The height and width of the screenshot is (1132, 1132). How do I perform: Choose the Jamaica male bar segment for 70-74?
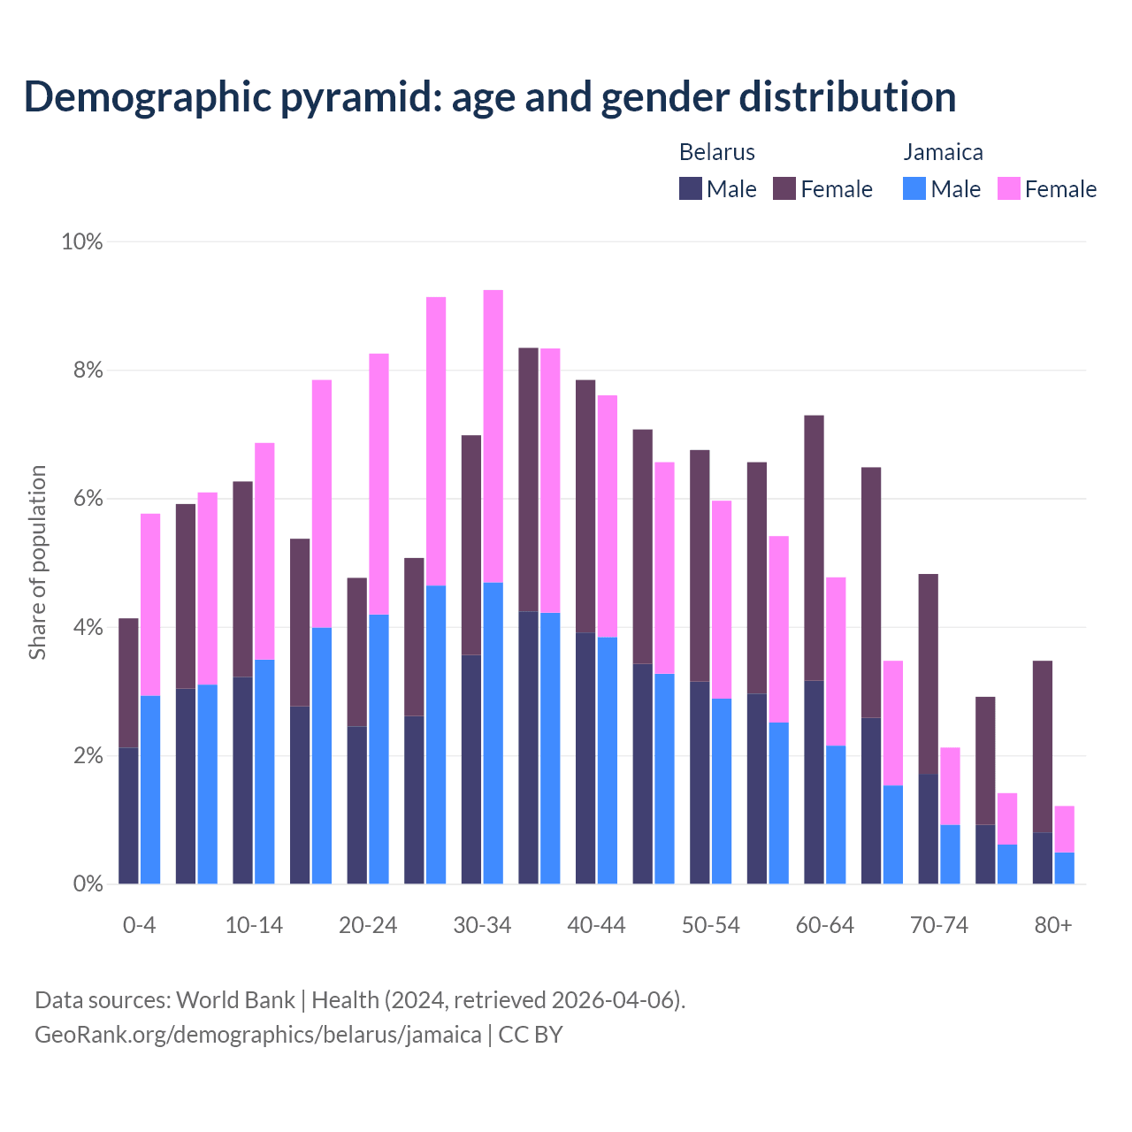tap(950, 854)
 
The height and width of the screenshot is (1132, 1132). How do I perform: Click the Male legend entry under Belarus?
tap(718, 189)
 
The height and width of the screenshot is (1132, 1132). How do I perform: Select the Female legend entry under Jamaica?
tap(1047, 189)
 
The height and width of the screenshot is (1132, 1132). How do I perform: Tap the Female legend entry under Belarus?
tap(822, 189)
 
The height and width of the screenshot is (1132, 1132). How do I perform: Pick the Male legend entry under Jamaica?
tap(942, 189)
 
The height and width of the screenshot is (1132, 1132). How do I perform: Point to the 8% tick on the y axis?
tap(82, 371)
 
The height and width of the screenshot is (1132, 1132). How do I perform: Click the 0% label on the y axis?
tap(82, 884)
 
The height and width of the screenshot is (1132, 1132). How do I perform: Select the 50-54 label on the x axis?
tap(711, 926)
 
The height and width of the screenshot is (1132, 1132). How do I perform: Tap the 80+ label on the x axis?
tap(1053, 926)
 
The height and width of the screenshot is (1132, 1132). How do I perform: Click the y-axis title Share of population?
tap(37, 562)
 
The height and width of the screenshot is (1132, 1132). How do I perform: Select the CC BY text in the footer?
tap(531, 1035)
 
